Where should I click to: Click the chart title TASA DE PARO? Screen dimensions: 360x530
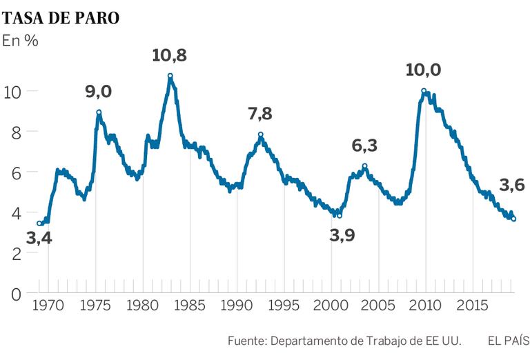61,18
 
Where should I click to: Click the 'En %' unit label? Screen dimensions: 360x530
20,41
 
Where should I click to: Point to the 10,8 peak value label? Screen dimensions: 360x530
170,55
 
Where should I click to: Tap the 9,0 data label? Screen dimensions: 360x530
99,91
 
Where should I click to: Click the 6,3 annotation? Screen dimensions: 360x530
365,146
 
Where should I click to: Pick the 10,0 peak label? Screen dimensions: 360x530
423,70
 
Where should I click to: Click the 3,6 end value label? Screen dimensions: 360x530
511,185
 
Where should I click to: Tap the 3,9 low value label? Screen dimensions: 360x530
342,235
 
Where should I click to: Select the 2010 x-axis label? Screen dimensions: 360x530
425,306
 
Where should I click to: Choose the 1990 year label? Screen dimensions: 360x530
237,306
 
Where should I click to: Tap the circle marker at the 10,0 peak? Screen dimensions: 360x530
424,90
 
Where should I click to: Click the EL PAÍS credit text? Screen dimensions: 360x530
508,341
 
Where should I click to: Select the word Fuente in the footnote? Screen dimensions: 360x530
246,341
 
